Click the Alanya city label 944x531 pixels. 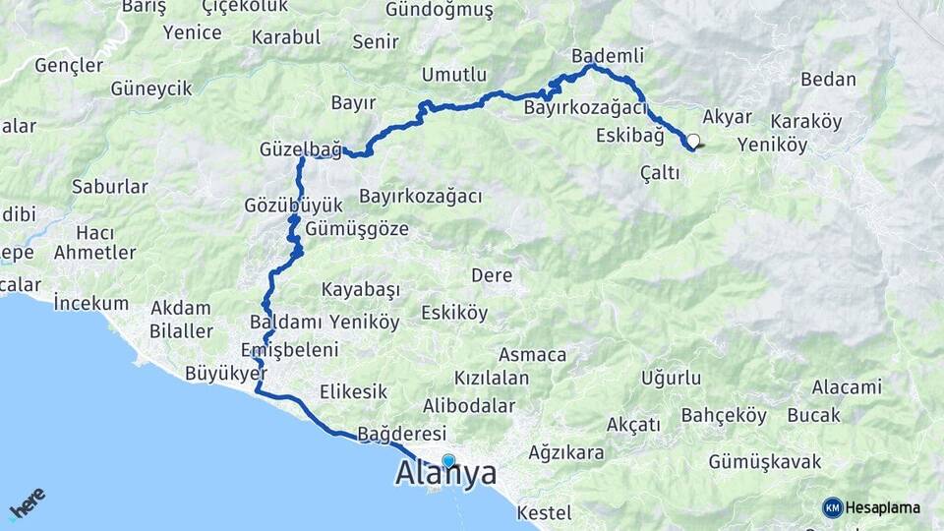444,474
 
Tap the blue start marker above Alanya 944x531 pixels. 448,460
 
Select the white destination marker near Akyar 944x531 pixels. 693,141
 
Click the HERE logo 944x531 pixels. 27,502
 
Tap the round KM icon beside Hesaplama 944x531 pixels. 832,507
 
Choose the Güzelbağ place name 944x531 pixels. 300,149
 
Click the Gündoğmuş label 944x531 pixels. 440,10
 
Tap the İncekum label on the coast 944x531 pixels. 91,301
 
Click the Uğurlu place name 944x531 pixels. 671,378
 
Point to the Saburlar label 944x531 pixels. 110,186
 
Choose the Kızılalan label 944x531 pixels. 492,378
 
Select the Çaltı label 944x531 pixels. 660,173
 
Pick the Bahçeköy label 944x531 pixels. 723,415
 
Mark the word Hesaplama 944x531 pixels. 883,507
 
